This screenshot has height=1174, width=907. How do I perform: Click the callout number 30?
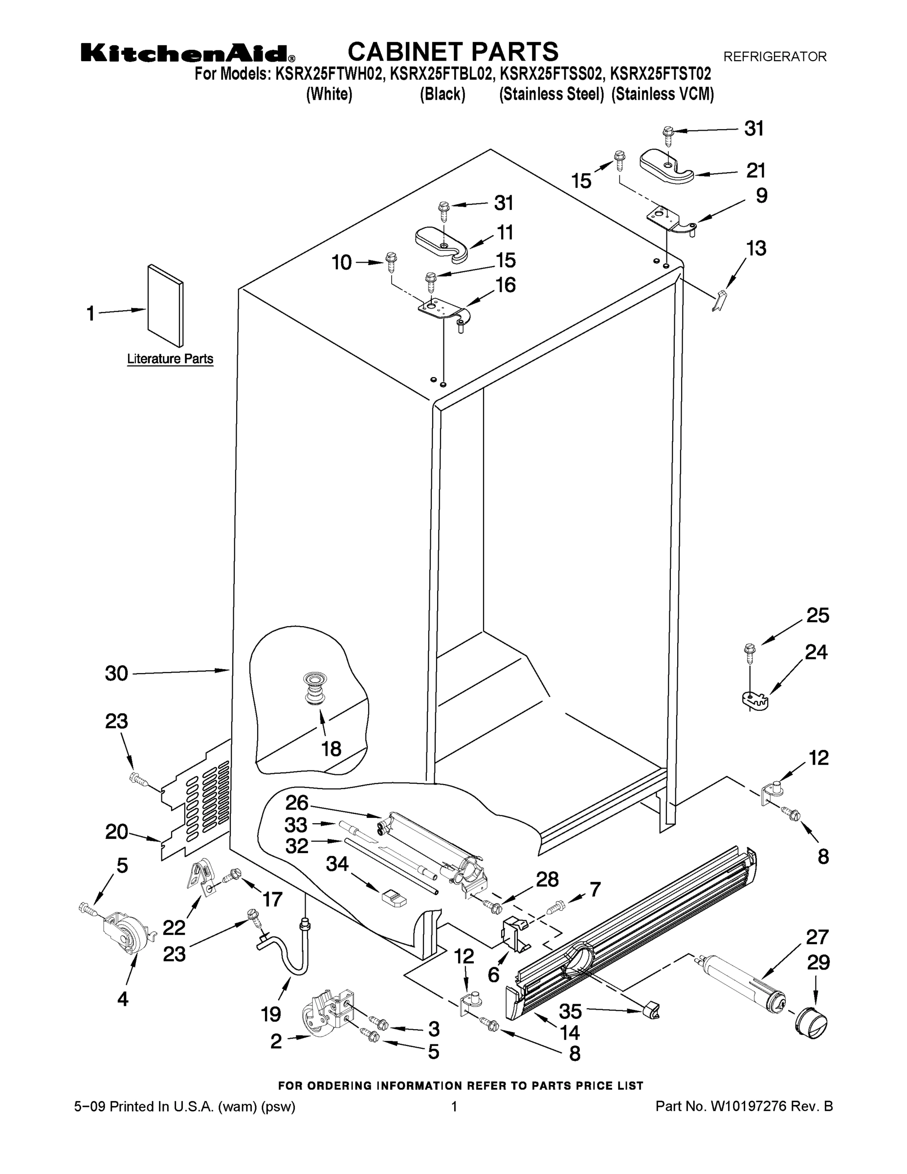116,673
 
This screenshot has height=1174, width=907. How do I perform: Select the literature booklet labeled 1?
165,305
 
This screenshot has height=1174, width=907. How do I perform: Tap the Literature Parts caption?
170,359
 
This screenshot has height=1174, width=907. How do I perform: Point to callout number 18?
331,748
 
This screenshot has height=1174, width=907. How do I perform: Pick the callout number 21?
755,170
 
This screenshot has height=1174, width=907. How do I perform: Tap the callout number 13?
755,248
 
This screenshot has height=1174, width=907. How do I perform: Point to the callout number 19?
271,1015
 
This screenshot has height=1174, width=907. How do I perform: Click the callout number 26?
297,803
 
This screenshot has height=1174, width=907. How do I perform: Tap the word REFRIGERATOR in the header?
775,56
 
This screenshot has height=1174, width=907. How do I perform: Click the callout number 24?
816,652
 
